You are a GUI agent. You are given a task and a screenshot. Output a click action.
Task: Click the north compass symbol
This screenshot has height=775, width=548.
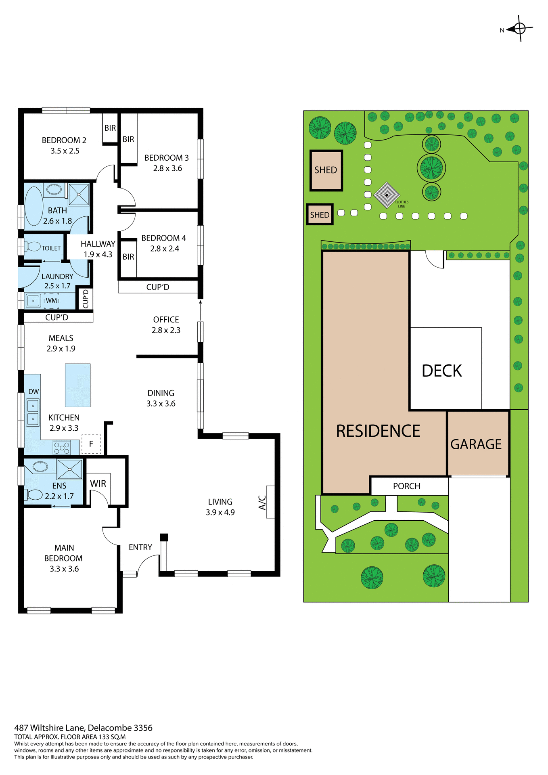point(520,29)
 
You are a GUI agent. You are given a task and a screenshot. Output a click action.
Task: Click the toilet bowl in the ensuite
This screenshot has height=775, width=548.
point(35,494)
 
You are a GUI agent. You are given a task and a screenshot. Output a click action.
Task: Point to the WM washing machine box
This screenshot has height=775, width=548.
point(51,301)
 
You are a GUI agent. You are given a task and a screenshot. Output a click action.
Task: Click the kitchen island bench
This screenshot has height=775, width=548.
point(78,385)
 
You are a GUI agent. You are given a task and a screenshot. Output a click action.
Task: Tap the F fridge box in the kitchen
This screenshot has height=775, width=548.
point(91,444)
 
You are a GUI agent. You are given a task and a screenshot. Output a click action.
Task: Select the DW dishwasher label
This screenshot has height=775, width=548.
point(33,392)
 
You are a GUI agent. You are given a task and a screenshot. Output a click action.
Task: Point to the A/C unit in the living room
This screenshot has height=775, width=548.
point(270,502)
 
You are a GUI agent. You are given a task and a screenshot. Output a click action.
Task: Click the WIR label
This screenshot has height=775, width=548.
point(98,484)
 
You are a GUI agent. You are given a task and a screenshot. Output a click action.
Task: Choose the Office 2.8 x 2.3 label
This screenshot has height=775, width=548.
point(166,325)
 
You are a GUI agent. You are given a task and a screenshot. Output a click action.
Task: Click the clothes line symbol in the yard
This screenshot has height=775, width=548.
point(387,195)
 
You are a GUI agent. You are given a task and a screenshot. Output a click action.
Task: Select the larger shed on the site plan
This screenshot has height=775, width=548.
point(326,170)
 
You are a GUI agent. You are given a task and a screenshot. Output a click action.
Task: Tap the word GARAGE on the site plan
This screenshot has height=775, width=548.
point(476,444)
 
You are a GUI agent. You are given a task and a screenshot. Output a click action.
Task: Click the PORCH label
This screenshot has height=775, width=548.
point(406,486)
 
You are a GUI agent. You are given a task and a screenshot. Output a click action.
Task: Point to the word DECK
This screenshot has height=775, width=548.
point(441,371)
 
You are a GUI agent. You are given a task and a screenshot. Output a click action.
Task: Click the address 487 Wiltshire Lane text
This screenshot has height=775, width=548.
point(83,728)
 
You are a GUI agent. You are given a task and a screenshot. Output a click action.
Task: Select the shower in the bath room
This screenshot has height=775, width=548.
point(79,194)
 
